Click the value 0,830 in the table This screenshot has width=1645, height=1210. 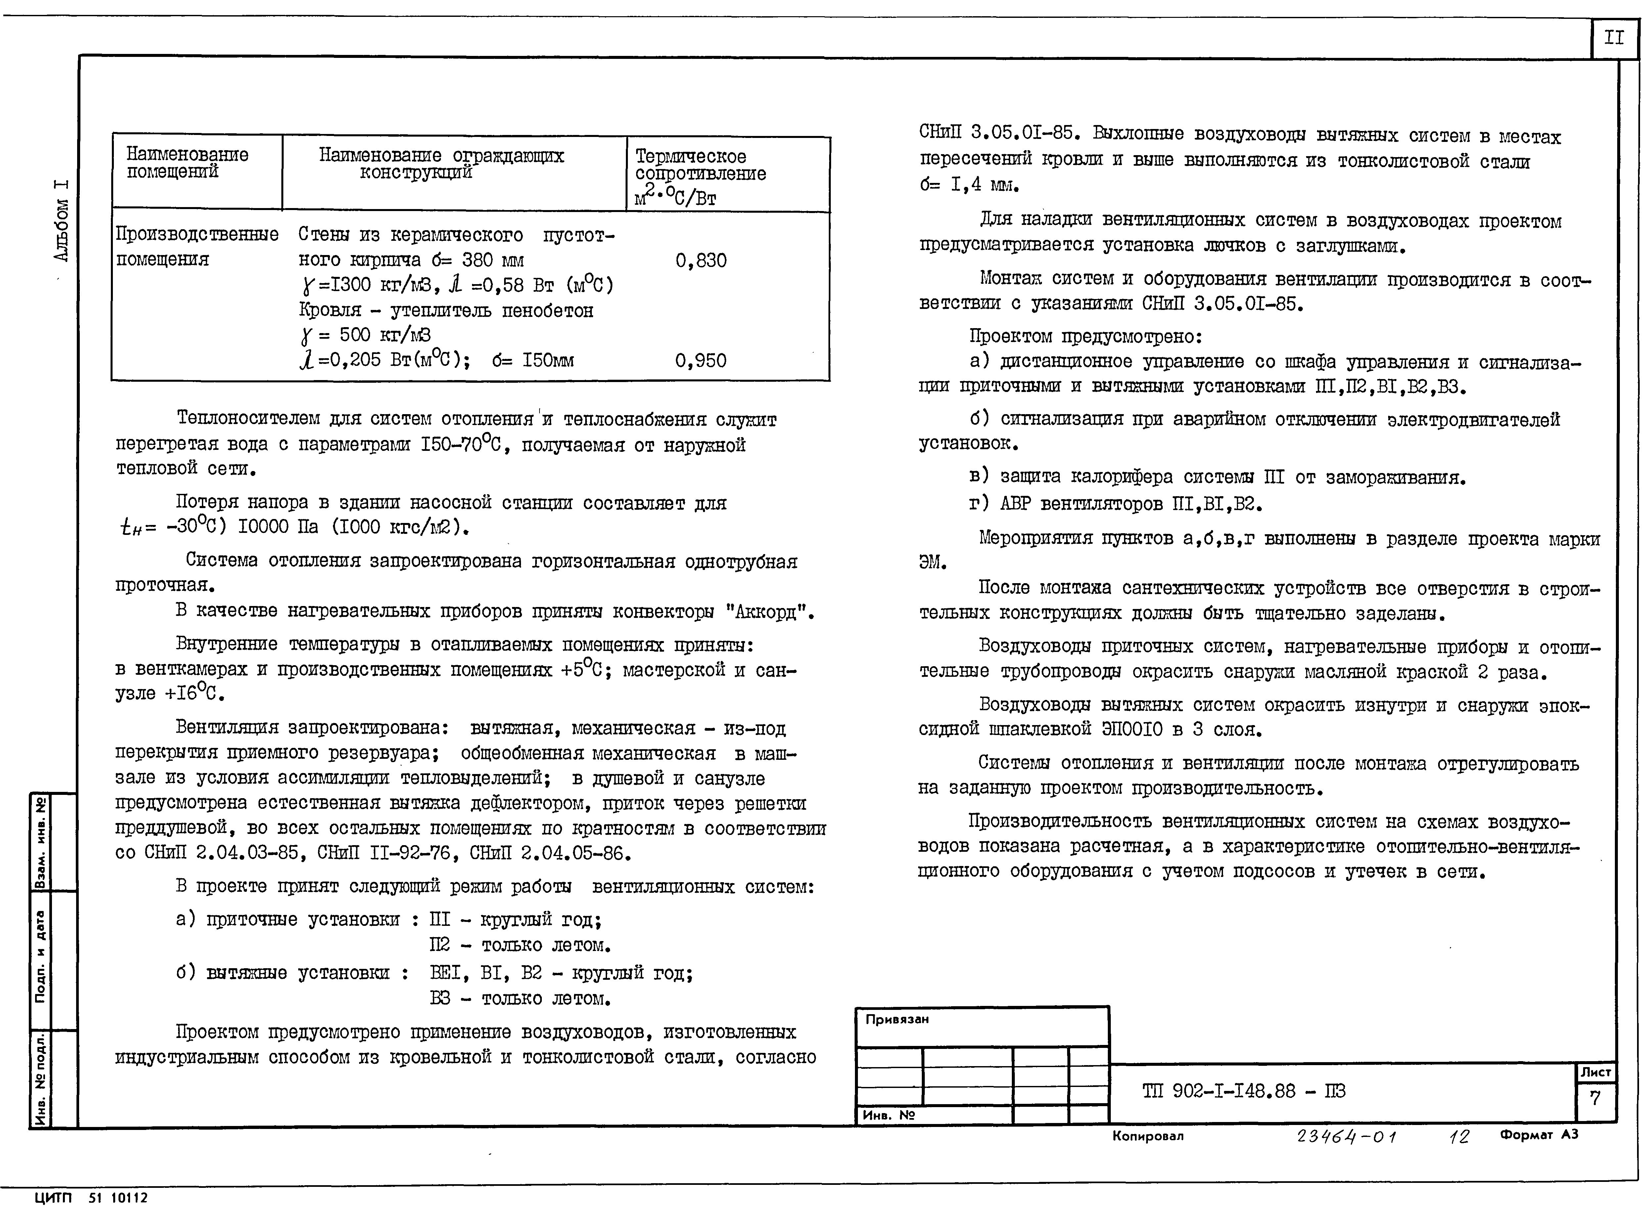tap(700, 261)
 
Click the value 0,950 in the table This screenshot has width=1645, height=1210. tap(700, 360)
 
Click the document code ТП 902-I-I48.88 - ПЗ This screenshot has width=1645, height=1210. tap(1244, 1091)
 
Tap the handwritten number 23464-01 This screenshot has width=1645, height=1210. tap(1346, 1137)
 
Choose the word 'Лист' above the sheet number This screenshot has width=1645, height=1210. tap(1595, 1072)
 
